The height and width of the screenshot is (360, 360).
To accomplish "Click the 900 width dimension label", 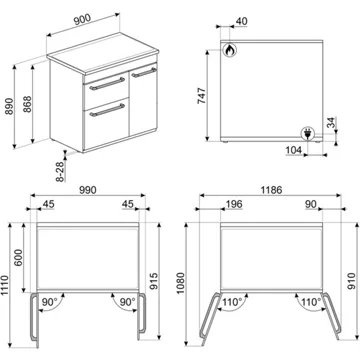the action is click(x=82, y=19).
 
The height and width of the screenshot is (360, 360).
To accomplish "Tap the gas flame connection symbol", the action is click(x=229, y=50).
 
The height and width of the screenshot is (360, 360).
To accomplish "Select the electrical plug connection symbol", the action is click(x=307, y=134).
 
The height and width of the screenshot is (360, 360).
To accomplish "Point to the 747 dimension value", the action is click(x=202, y=95).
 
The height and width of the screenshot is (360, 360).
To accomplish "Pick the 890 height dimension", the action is click(x=9, y=106).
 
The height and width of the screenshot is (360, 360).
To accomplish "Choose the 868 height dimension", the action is click(x=27, y=104).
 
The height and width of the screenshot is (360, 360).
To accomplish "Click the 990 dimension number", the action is click(x=88, y=190).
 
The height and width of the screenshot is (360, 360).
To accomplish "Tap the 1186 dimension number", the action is click(x=271, y=190).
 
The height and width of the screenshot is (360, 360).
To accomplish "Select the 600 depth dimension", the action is click(x=19, y=257).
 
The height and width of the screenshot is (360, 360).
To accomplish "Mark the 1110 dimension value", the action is click(x=6, y=285).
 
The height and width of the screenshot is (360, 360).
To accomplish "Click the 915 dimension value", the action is click(x=153, y=281).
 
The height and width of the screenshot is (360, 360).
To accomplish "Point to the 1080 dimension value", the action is click(x=180, y=283).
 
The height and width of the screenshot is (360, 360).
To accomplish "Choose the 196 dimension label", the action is click(x=233, y=204).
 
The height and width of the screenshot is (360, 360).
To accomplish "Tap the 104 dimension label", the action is click(x=294, y=150).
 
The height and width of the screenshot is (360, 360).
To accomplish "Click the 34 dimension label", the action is click(x=331, y=123).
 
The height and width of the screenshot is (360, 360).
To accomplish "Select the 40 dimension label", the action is click(x=241, y=21).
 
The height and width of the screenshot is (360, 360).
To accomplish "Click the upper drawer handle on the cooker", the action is click(x=107, y=83).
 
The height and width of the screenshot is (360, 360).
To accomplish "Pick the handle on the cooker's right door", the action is click(x=144, y=72).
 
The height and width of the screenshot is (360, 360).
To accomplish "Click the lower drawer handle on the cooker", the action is click(x=107, y=110).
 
